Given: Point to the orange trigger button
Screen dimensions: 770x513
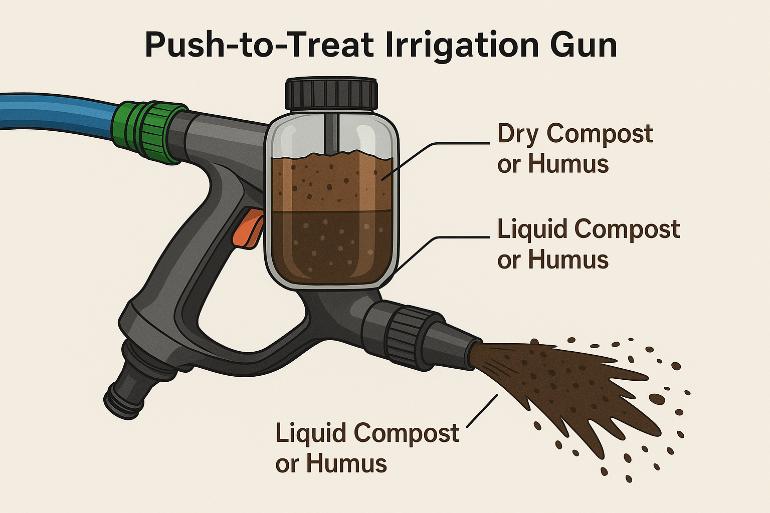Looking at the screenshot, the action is tap(248, 227).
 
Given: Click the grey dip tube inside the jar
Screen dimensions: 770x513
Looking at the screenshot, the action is tap(331, 134).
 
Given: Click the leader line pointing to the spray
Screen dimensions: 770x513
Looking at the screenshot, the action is tap(482, 411).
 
